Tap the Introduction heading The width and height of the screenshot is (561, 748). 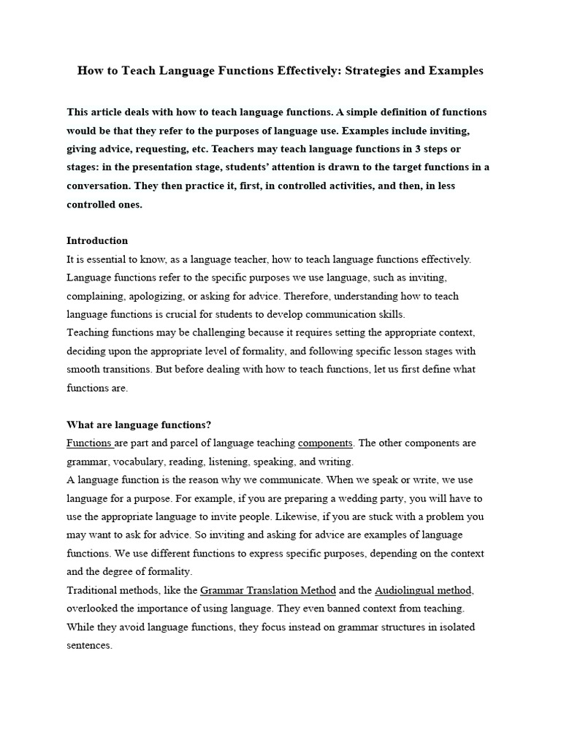point(97,240)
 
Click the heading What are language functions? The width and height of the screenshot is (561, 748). point(139,424)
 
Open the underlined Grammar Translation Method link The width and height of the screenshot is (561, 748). point(268,589)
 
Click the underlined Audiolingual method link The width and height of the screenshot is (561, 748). point(424,589)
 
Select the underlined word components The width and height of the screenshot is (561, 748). point(326,443)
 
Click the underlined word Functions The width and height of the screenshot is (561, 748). point(89,443)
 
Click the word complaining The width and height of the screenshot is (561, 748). point(96,296)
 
